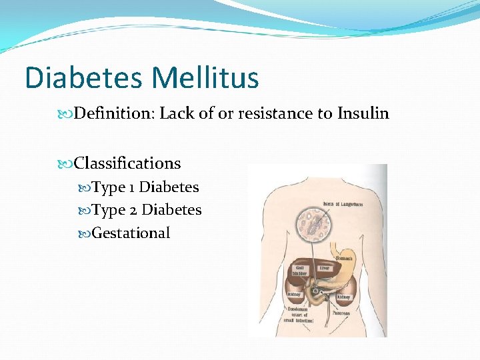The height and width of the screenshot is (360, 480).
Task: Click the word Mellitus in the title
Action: pyautogui.click(x=205, y=77)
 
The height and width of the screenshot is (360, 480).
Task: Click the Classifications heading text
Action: pyautogui.click(x=127, y=163)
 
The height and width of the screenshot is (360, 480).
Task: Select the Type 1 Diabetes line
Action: pyautogui.click(x=145, y=187)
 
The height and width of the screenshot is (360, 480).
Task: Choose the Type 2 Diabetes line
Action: pyautogui.click(x=147, y=210)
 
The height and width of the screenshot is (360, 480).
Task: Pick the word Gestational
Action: pyautogui.click(x=131, y=233)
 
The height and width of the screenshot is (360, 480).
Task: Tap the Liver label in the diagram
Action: pyautogui.click(x=324, y=268)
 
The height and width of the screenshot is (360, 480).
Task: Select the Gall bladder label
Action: pyautogui.click(x=297, y=270)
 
